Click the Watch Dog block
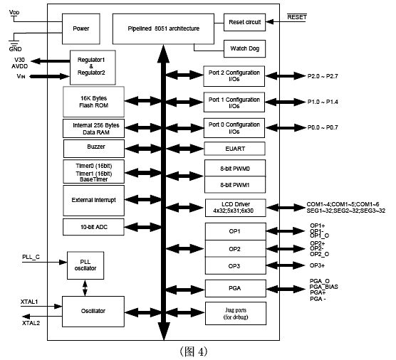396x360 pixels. (x=244, y=48)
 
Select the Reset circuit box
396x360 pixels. (x=244, y=23)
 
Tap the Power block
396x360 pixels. (x=81, y=28)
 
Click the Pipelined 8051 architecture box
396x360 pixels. (x=163, y=28)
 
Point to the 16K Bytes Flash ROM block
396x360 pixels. (x=93, y=102)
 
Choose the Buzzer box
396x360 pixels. (x=94, y=149)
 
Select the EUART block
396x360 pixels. (x=234, y=149)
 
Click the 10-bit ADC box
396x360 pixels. (x=93, y=227)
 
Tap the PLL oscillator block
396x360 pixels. (x=85, y=265)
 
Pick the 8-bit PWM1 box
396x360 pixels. (x=235, y=185)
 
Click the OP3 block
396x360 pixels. (x=235, y=265)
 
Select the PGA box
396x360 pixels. (x=235, y=288)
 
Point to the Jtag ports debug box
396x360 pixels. (x=236, y=313)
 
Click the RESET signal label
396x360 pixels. (x=297, y=17)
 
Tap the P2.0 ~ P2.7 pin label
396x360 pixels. (x=323, y=76)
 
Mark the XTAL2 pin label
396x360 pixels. (x=31, y=323)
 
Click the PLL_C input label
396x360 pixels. (x=31, y=257)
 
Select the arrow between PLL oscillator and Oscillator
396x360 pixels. (x=85, y=288)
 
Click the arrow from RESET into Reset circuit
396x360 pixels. (x=286, y=21)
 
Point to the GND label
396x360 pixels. (x=15, y=49)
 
